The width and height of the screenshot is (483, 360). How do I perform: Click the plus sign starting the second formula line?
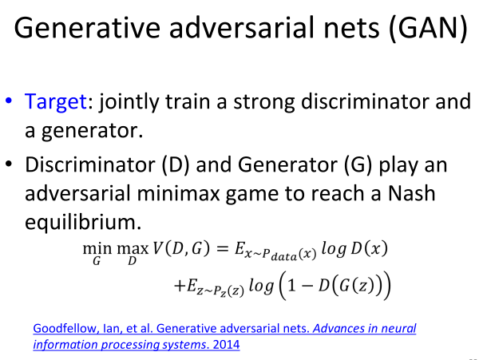pyautogui.click(x=179, y=286)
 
